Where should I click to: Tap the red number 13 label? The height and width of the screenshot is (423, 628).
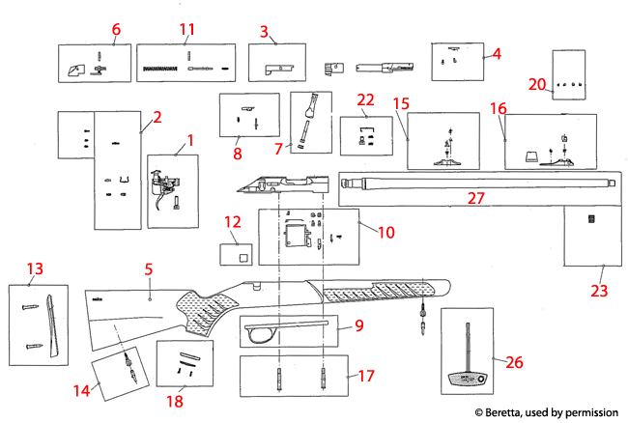point(36,268)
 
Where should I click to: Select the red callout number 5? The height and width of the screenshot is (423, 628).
point(149,269)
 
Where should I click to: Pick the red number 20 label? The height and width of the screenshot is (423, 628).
point(537,84)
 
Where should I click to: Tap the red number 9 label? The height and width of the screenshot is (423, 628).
point(357,326)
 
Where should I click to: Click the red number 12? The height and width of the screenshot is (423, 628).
point(232,222)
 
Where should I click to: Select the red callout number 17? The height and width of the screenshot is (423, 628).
point(365,377)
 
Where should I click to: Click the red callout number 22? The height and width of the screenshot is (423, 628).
point(365,99)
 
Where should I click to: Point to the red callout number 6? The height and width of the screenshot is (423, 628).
point(116,29)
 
